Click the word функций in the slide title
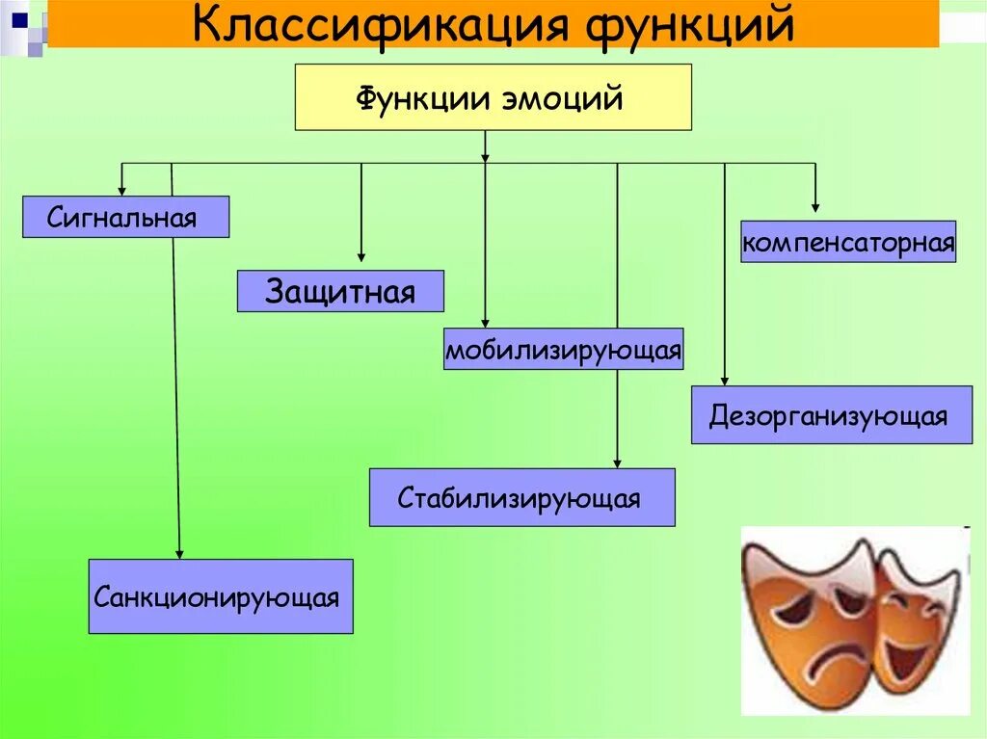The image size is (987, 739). (687, 26)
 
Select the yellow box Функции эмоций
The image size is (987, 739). (493, 97)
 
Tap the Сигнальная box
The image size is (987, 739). (125, 217)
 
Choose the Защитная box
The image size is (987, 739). (340, 291)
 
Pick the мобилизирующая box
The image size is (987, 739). (563, 349)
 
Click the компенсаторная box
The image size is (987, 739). (847, 241)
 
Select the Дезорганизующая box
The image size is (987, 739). (831, 415)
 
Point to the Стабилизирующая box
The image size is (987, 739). (521, 497)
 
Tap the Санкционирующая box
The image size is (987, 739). (221, 596)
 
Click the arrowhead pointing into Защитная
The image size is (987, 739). (361, 256)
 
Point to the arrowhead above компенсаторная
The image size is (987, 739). (815, 206)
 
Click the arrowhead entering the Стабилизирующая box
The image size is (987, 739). (618, 462)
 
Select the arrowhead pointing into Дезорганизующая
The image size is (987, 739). (724, 381)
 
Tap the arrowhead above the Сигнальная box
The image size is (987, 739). (121, 190)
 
